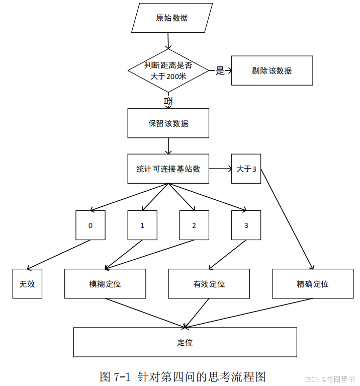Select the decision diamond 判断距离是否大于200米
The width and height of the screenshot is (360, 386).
point(168,71)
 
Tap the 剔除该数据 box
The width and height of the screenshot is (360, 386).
point(272,70)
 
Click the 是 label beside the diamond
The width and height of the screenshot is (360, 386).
point(220,70)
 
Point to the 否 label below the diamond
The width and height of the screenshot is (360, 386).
point(168,101)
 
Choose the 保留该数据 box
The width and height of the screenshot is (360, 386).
point(168,123)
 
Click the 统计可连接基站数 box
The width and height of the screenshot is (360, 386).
point(168,169)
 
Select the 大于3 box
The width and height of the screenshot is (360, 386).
point(246,169)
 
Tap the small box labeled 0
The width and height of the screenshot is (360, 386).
point(91,225)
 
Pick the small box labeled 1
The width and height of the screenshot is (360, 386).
point(142,225)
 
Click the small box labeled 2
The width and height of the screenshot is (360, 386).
point(194,225)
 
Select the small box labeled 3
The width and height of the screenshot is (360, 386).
point(246,225)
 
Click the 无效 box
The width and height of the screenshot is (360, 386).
point(27,284)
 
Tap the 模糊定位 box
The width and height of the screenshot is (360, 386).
point(105,284)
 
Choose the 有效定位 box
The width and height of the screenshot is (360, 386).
point(209,284)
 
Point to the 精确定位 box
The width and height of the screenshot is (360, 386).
point(313,284)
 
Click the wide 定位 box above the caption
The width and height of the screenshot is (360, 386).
point(185,342)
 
